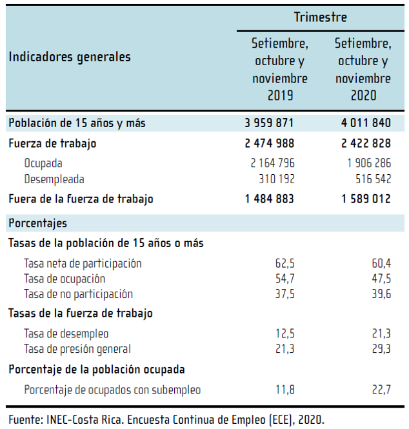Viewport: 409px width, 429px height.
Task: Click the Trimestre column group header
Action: pos(320,17)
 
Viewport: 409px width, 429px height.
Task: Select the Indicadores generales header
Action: pos(70,57)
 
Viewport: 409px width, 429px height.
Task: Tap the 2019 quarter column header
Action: pos(280,70)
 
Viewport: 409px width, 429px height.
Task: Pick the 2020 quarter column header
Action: pos(363,70)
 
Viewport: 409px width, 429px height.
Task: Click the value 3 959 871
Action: pos(270,123)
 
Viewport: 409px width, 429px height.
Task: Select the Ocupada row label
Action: pos(43,163)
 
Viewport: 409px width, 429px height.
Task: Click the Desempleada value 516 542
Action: pos(371,179)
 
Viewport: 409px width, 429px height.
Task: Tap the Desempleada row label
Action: pos(54,179)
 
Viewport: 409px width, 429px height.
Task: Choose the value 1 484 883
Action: pos(270,199)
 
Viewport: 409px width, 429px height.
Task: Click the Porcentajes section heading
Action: pos(38,223)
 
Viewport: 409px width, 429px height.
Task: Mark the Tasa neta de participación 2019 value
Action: pos(284,263)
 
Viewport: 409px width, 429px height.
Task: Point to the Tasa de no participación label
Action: pos(78,294)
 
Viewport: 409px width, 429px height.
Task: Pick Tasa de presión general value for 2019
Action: pos(284,349)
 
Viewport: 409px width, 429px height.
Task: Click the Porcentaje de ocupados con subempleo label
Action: pos(112,390)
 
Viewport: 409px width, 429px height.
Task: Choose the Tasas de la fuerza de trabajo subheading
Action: pos(80,314)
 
